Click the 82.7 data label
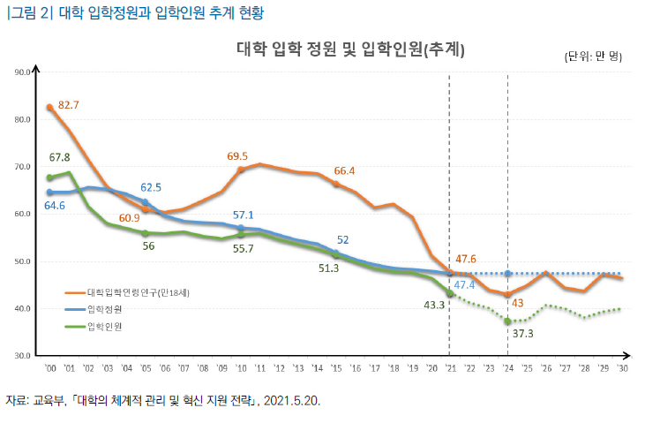[69, 105]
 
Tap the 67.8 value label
[59, 157]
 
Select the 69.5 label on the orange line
[237, 156]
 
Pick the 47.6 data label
[467, 259]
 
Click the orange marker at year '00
[49, 107]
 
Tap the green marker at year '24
[507, 321]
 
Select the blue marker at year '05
[146, 202]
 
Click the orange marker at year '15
[335, 184]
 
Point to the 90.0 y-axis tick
[24, 72]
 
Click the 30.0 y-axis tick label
[24, 356]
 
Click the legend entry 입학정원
[105, 310]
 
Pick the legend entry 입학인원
[105, 327]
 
